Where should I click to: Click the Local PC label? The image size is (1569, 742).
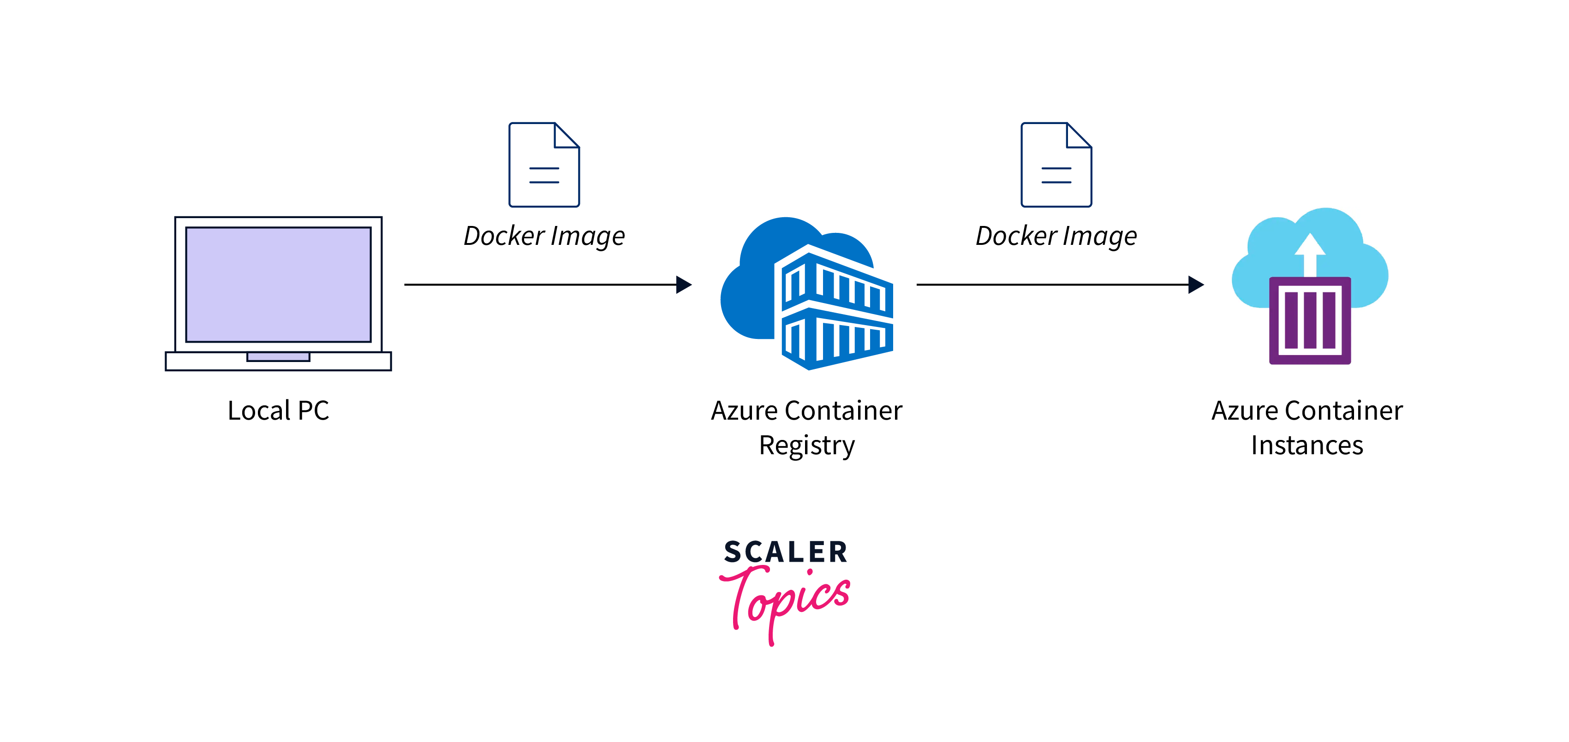pyautogui.click(x=278, y=411)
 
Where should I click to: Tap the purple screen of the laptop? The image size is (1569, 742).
pyautogui.click(x=278, y=284)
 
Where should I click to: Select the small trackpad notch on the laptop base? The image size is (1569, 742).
pyautogui.click(x=278, y=356)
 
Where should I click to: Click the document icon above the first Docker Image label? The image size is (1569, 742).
pyautogui.click(x=544, y=165)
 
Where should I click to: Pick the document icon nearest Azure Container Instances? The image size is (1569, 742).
pyautogui.click(x=1056, y=165)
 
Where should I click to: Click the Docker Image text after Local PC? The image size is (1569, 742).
pyautogui.click(x=544, y=236)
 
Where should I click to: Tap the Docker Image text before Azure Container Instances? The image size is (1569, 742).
pyautogui.click(x=1056, y=236)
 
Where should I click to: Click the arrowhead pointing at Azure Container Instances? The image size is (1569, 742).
pyautogui.click(x=1196, y=284)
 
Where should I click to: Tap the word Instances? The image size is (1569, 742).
pyautogui.click(x=1307, y=445)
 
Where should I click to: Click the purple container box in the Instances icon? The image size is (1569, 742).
pyautogui.click(x=1310, y=321)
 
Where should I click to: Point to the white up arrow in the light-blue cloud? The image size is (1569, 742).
pyautogui.click(x=1310, y=253)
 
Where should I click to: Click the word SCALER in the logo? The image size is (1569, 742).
pyautogui.click(x=786, y=552)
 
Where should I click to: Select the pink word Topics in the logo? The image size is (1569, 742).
pyautogui.click(x=786, y=600)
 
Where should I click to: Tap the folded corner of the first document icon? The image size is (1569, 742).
pyautogui.click(x=567, y=135)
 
